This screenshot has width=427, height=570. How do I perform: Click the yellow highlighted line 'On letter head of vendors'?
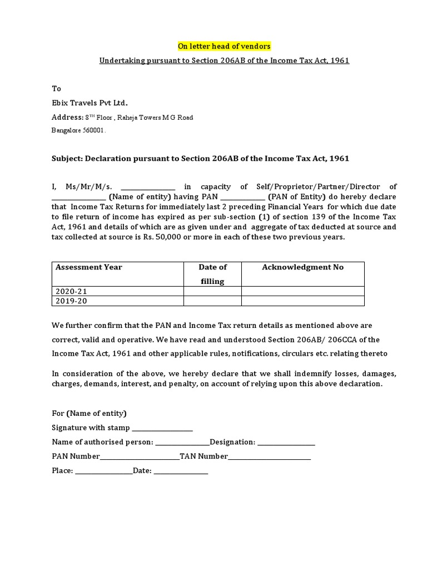click(224, 46)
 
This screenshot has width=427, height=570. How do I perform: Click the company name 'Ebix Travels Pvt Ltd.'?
click(90, 102)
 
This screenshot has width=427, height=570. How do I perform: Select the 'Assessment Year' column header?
click(89, 267)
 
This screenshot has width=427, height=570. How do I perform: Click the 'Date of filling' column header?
click(212, 274)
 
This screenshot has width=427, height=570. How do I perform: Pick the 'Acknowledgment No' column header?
click(302, 267)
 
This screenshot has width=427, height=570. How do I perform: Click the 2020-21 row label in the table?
click(72, 292)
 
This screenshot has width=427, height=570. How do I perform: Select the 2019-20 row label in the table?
click(72, 301)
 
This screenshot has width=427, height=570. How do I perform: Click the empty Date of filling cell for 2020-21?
click(212, 292)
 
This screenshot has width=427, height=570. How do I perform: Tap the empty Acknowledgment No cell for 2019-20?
click(302, 301)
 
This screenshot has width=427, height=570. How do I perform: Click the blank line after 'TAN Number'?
click(270, 458)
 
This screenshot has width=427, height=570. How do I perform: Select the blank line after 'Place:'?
click(104, 472)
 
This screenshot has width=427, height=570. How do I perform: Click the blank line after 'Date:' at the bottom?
click(181, 472)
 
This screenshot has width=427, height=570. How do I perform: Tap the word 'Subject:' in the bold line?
click(67, 159)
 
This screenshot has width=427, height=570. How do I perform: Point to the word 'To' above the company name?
click(56, 89)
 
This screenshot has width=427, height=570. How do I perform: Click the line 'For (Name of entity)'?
click(89, 414)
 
